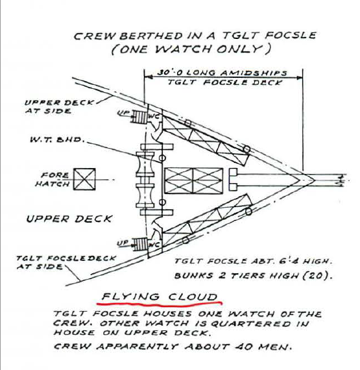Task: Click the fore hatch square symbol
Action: [x=84, y=179]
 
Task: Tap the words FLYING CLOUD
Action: [x=160, y=297]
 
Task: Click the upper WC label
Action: [x=152, y=117]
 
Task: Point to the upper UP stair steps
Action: [x=139, y=117]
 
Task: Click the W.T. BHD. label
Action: [x=57, y=140]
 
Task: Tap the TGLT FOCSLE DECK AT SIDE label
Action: [x=66, y=262]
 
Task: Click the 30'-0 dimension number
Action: [x=170, y=72]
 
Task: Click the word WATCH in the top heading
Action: [x=184, y=49]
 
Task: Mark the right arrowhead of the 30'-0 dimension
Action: [x=300, y=77]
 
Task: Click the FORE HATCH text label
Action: [x=53, y=179]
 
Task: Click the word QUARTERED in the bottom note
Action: [x=250, y=323]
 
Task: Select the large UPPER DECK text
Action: [x=69, y=219]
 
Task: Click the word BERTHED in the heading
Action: [x=151, y=36]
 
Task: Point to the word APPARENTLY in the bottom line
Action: [x=138, y=347]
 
